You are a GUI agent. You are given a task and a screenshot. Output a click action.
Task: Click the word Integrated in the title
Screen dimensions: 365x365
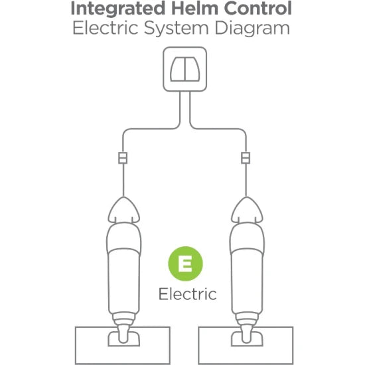pos(117,9)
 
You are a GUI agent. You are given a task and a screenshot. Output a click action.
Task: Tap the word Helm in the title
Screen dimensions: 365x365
pos(194,8)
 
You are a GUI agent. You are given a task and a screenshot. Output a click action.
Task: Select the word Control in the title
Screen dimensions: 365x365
pos(258,8)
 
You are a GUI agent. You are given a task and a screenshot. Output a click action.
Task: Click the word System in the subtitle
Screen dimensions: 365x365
pos(177,29)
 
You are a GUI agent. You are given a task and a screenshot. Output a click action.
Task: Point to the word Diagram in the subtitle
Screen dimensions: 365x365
pos(252,29)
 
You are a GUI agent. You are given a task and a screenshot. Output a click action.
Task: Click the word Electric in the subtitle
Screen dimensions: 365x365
pos(106,28)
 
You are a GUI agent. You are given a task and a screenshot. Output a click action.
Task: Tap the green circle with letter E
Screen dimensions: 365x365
pos(186,263)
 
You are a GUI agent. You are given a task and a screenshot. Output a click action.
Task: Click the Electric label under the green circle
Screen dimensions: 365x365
pos(188,294)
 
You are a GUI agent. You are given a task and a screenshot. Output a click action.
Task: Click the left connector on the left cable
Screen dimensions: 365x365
pos(123,158)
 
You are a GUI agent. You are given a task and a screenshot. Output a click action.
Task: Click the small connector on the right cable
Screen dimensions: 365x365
pos(246,158)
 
